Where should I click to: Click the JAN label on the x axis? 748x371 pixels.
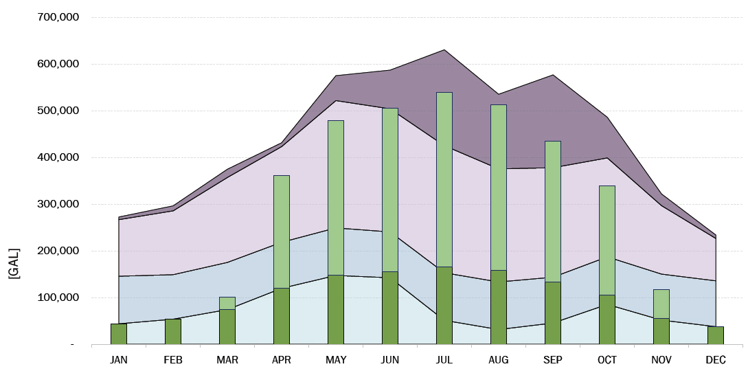(x=118, y=360)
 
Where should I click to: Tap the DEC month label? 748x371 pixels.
(x=715, y=360)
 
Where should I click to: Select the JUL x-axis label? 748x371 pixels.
(x=444, y=360)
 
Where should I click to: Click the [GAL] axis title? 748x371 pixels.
(x=14, y=263)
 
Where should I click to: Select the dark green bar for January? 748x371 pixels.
(x=118, y=334)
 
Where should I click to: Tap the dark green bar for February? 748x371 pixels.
(x=172, y=331)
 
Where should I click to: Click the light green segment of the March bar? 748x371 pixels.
(x=227, y=303)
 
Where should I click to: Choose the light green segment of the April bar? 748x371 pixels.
(x=281, y=232)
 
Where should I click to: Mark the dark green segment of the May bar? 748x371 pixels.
(x=335, y=309)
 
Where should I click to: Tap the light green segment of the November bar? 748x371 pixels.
(x=661, y=304)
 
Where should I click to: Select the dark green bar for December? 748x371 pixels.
(x=715, y=335)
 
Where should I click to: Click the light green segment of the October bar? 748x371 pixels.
(x=607, y=240)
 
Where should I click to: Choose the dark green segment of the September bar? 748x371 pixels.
(x=552, y=313)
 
